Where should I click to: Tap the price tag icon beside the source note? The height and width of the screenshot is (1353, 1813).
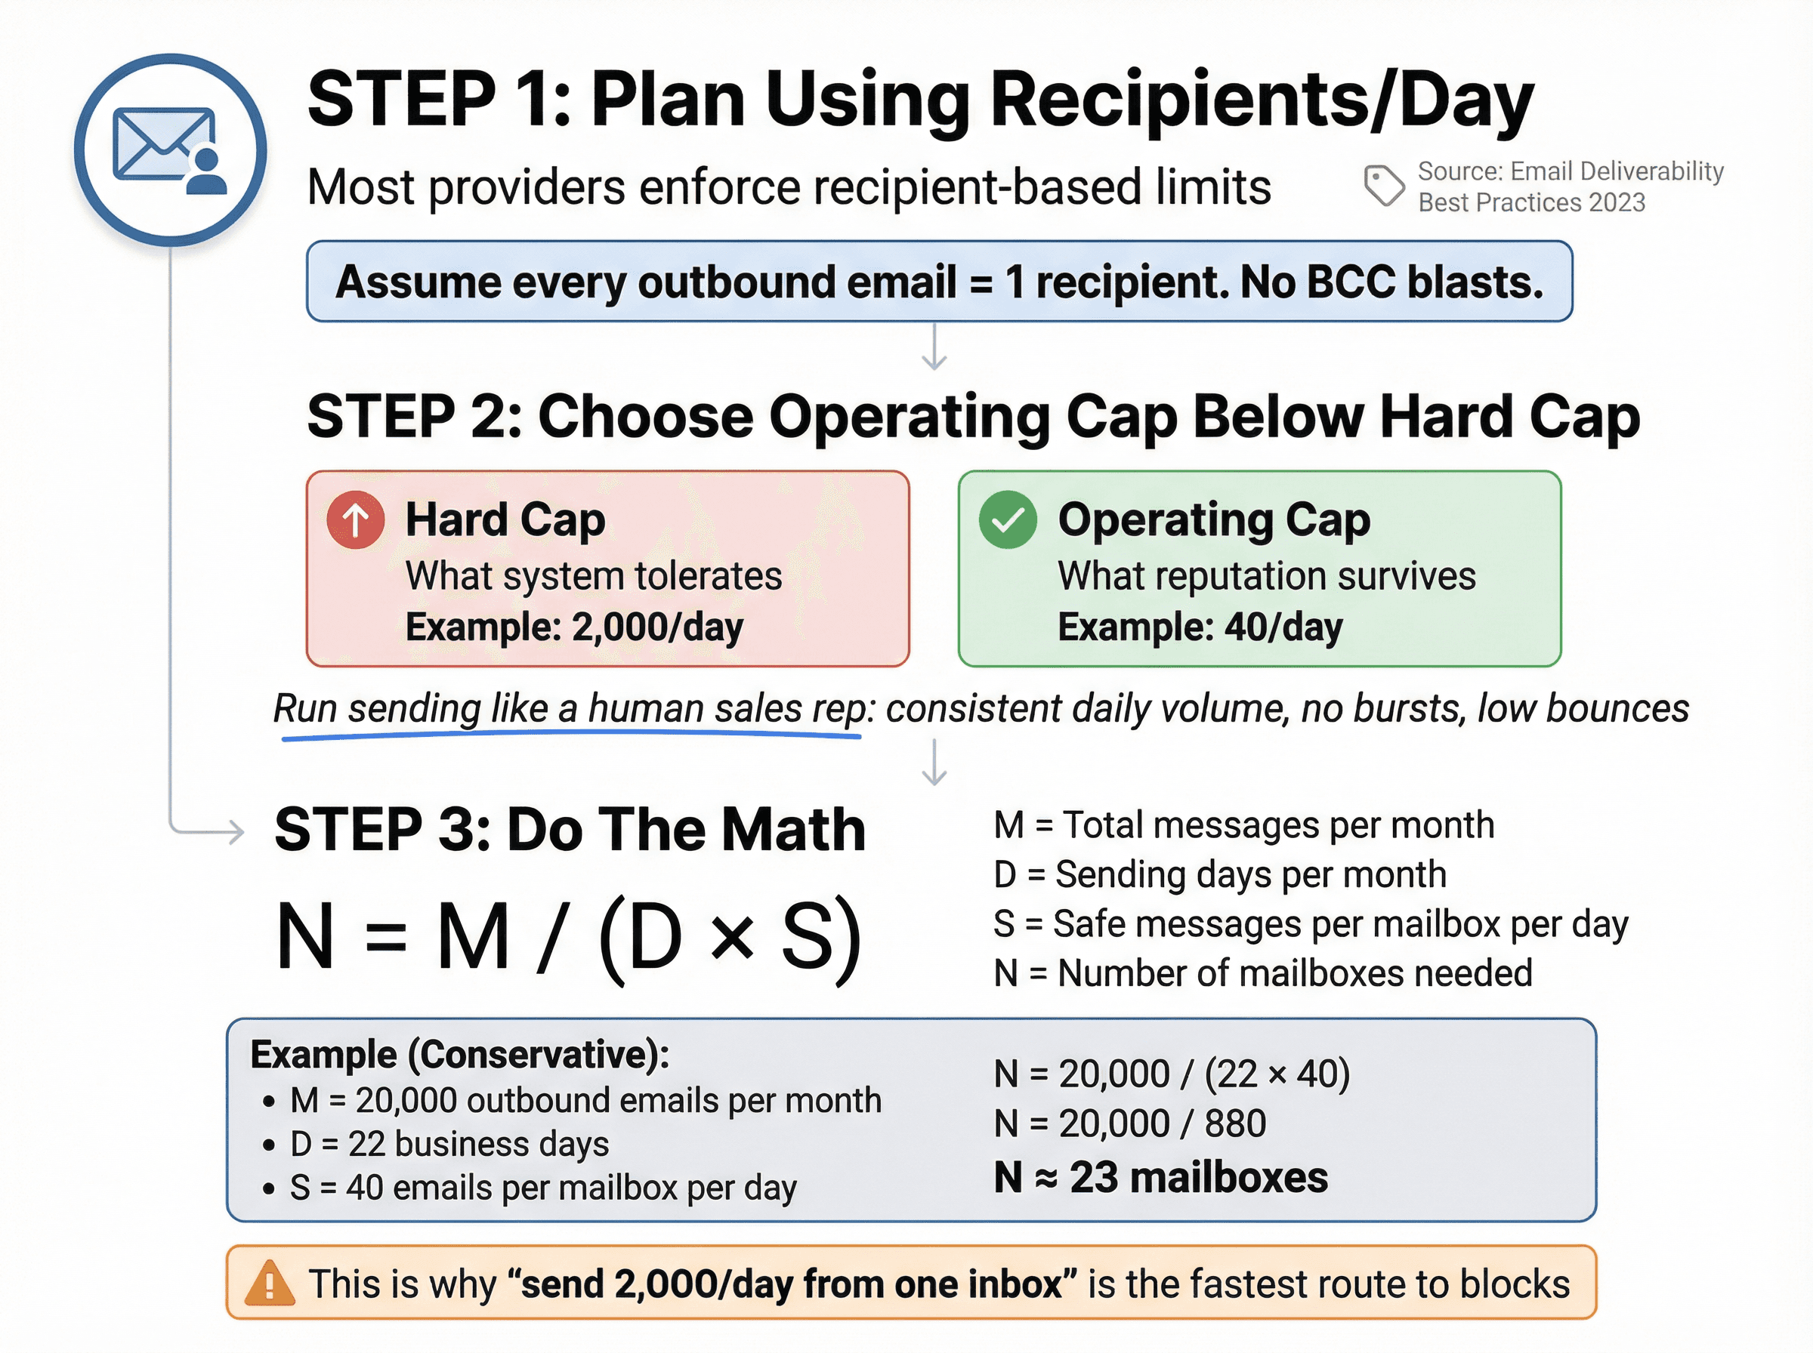point(1384,185)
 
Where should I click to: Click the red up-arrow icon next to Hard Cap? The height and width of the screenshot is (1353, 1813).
point(356,520)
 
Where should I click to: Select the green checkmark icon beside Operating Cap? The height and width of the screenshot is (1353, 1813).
point(1008,520)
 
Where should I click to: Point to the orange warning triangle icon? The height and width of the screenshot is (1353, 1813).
point(270,1284)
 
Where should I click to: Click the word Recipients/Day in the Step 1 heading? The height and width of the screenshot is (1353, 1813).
point(1262,100)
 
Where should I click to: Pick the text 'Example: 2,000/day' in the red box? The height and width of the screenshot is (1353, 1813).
point(574,627)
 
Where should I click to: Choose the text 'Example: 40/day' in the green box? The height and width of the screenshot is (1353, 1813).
point(1200,627)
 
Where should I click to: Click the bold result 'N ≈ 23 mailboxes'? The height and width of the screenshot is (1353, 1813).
point(1160,1178)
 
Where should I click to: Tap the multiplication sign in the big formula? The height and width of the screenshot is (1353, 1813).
point(731,938)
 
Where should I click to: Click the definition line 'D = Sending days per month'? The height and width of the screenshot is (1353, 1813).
point(1220,875)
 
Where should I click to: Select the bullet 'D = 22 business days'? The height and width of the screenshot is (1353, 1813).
point(449,1144)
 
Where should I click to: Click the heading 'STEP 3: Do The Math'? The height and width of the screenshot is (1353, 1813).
point(570,830)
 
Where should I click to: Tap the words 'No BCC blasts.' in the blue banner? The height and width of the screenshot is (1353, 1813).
point(1391,282)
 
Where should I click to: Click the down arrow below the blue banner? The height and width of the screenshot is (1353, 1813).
point(934,348)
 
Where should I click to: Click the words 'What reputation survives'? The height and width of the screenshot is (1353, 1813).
point(1267,576)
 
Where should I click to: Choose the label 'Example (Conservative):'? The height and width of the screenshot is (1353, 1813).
point(459,1055)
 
